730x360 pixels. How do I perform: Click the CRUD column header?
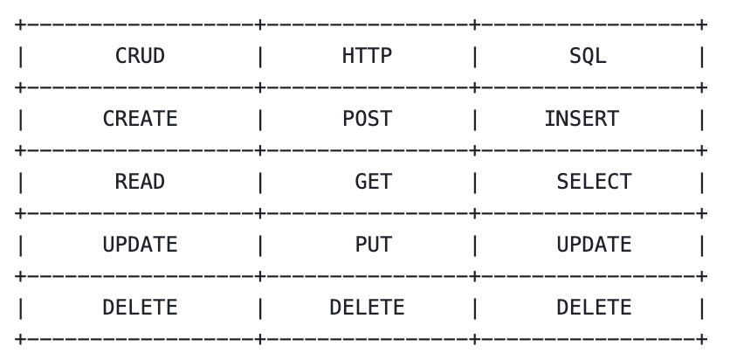pyautogui.click(x=140, y=57)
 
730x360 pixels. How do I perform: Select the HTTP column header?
pyautogui.click(x=367, y=57)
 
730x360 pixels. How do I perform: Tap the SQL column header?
pyautogui.click(x=588, y=57)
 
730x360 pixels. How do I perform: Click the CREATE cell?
pyautogui.click(x=140, y=119)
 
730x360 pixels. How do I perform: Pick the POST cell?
pyautogui.click(x=367, y=119)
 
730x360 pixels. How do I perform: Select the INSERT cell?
pyautogui.click(x=582, y=119)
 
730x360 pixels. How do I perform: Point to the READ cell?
pyautogui.click(x=140, y=182)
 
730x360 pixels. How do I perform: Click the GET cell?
pyautogui.click(x=373, y=182)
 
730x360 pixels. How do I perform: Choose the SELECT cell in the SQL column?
pyautogui.click(x=594, y=182)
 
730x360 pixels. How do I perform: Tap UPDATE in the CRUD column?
pyautogui.click(x=140, y=245)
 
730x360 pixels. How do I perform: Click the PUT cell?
pyautogui.click(x=373, y=245)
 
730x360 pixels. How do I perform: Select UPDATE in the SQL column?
pyautogui.click(x=594, y=245)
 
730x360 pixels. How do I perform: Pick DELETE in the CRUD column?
pyautogui.click(x=140, y=308)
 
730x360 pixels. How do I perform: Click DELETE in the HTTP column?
pyautogui.click(x=367, y=308)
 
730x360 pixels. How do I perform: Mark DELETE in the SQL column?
pyautogui.click(x=594, y=308)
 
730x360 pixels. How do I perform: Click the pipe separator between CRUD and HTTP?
pyautogui.click(x=259, y=57)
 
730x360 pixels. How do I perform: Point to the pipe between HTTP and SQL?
pyautogui.click(x=474, y=57)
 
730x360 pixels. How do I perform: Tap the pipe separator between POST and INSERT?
pyautogui.click(x=474, y=119)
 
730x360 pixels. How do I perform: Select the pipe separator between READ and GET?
pyautogui.click(x=259, y=182)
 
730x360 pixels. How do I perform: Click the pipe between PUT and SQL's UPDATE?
pyautogui.click(x=474, y=245)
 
